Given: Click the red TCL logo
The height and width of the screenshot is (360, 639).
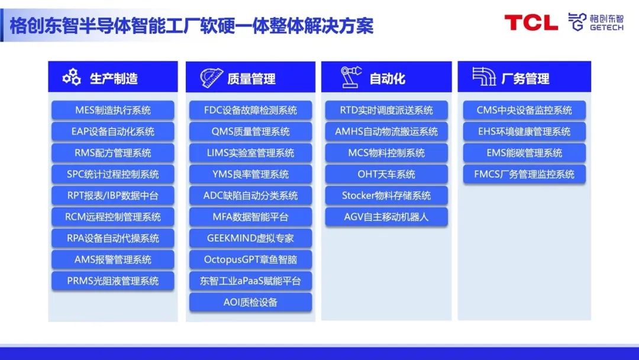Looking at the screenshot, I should click(531, 23).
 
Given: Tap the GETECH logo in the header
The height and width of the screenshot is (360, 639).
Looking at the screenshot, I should click(595, 22).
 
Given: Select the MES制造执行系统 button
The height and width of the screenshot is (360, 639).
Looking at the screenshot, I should click(112, 110).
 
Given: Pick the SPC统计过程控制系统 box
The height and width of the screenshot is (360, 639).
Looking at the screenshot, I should click(112, 174).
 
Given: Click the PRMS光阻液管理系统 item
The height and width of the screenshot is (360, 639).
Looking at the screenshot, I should click(112, 281).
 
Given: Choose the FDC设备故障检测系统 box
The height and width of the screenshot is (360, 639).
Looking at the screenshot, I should click(250, 110).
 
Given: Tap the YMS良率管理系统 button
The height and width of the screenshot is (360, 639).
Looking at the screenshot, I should click(250, 174).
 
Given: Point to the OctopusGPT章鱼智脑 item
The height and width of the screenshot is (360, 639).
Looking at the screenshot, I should click(250, 259).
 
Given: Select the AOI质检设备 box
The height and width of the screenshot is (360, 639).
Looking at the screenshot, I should click(250, 302).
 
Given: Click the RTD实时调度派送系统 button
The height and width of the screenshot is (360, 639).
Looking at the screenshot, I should click(386, 110).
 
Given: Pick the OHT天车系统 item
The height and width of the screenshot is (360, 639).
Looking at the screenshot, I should click(386, 174).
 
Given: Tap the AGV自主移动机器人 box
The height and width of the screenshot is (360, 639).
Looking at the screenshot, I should click(386, 217).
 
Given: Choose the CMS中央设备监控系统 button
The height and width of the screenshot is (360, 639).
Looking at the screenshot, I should click(524, 110).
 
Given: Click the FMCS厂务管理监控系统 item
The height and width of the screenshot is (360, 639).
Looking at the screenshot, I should click(524, 174).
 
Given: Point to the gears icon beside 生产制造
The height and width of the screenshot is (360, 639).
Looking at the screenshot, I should click(72, 77).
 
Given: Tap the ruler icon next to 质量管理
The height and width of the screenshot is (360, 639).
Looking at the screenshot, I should click(211, 78).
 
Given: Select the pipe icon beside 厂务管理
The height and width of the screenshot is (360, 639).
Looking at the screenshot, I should click(483, 77).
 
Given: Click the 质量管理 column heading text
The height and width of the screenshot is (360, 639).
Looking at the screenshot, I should click(251, 78).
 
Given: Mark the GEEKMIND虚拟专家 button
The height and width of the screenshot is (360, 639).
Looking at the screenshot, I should click(250, 238).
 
